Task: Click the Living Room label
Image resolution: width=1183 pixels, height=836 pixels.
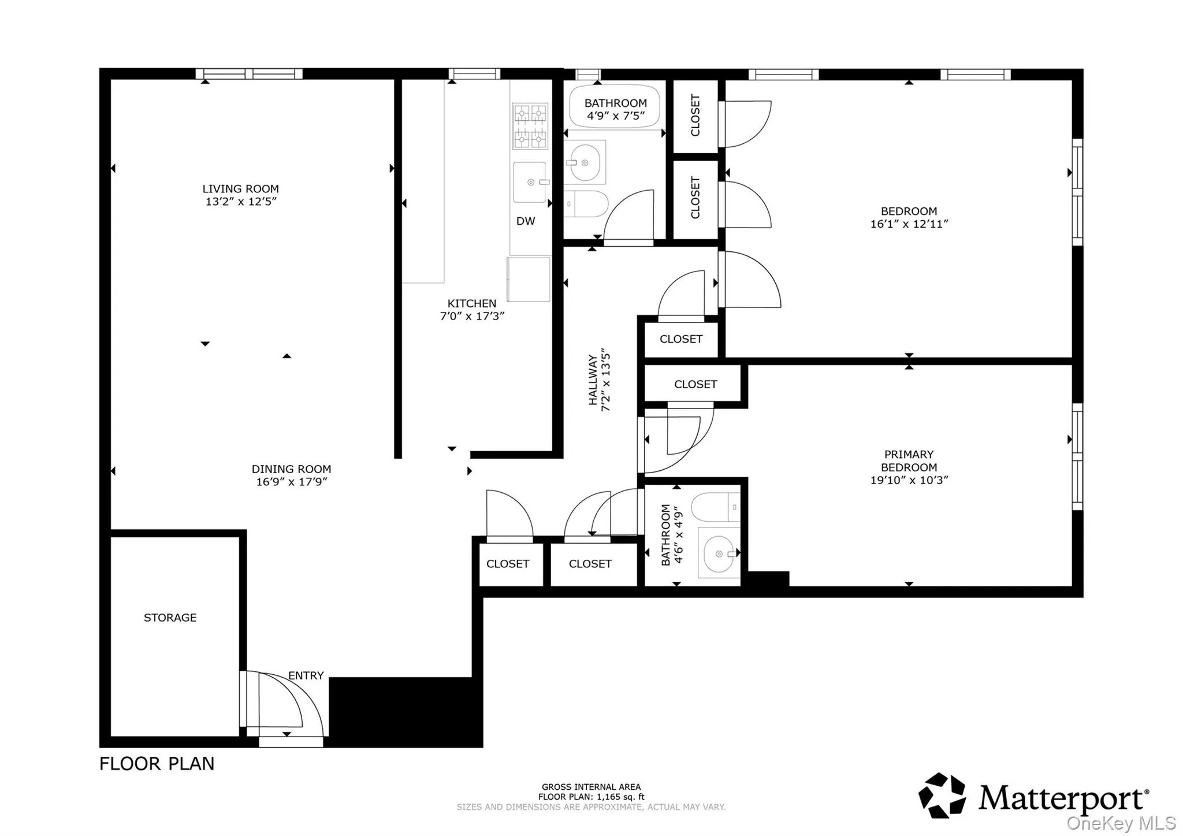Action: click(240, 189)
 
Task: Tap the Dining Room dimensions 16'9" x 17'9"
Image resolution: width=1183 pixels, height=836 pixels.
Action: click(292, 482)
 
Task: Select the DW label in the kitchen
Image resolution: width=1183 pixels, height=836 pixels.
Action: click(525, 221)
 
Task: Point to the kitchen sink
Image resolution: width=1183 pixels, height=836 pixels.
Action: click(530, 183)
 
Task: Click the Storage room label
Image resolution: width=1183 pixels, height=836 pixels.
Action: click(170, 618)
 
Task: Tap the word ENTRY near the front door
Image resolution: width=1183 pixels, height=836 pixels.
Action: click(306, 675)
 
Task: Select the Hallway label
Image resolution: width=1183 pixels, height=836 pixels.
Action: click(593, 380)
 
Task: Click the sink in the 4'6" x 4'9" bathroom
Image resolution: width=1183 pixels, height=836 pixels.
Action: click(719, 553)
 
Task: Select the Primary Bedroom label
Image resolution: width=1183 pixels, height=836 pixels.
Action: click(909, 461)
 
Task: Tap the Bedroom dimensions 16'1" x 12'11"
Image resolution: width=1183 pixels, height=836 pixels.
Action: click(909, 224)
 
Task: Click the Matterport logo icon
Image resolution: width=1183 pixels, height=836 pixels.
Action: click(942, 796)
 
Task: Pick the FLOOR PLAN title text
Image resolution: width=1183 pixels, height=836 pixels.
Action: click(157, 764)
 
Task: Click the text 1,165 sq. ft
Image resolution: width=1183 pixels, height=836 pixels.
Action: click(620, 797)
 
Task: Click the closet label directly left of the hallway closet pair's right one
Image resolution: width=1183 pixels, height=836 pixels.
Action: click(507, 564)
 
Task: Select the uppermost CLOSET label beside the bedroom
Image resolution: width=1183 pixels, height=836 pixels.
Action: click(695, 116)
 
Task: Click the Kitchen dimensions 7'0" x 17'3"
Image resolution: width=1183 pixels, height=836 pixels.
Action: click(472, 317)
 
